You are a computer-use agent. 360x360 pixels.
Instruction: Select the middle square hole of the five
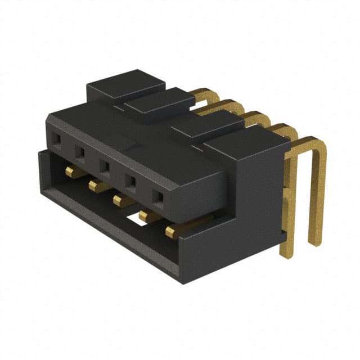tap(105, 166)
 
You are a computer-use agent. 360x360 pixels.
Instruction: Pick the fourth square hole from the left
tap(130, 181)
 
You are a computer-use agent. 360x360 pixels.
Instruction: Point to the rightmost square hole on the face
tap(158, 197)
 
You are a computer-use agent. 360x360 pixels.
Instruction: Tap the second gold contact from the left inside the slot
tap(96, 186)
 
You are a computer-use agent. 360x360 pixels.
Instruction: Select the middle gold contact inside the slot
tap(121, 200)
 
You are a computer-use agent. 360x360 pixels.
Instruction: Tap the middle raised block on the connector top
tap(159, 102)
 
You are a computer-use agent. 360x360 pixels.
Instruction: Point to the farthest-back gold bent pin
tap(205, 94)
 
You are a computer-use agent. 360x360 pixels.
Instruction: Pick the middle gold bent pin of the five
tap(256, 118)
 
